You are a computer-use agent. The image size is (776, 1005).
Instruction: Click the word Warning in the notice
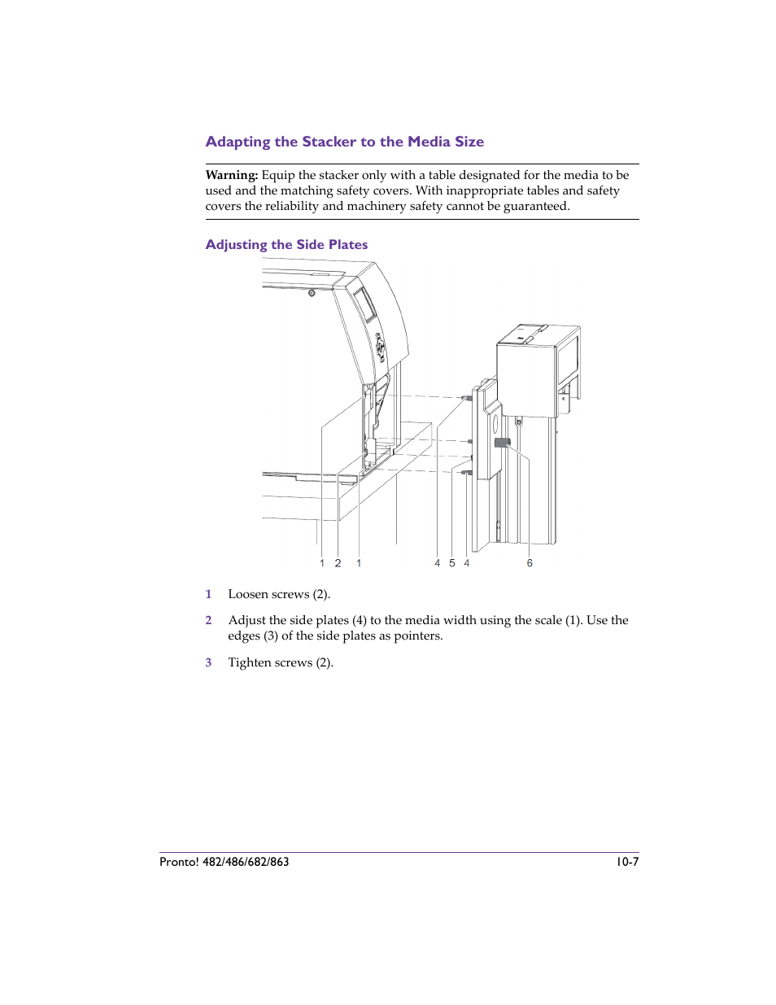pyautogui.click(x=231, y=175)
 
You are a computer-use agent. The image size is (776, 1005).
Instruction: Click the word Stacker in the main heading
pyautogui.click(x=329, y=142)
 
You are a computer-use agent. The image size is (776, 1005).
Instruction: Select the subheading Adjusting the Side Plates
pyautogui.click(x=286, y=245)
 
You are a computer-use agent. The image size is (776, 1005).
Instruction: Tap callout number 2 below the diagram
pyautogui.click(x=338, y=563)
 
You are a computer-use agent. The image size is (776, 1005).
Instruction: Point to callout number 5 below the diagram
pyautogui.click(x=452, y=563)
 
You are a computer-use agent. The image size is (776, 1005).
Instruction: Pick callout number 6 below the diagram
pyautogui.click(x=530, y=563)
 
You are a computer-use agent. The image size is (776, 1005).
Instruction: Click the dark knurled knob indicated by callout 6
pyautogui.click(x=502, y=443)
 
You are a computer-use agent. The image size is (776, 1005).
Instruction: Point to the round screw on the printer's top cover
pyautogui.click(x=312, y=293)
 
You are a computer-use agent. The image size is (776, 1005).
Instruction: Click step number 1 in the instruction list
pyautogui.click(x=208, y=594)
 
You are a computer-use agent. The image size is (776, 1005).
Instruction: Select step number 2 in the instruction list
pyautogui.click(x=208, y=620)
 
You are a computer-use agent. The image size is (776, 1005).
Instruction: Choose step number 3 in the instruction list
pyautogui.click(x=208, y=662)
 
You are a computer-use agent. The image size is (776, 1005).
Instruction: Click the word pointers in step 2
pyautogui.click(x=418, y=636)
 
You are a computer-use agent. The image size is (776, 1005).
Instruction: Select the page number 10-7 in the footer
pyautogui.click(x=626, y=862)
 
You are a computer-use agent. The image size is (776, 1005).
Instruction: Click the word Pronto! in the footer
pyautogui.click(x=179, y=862)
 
